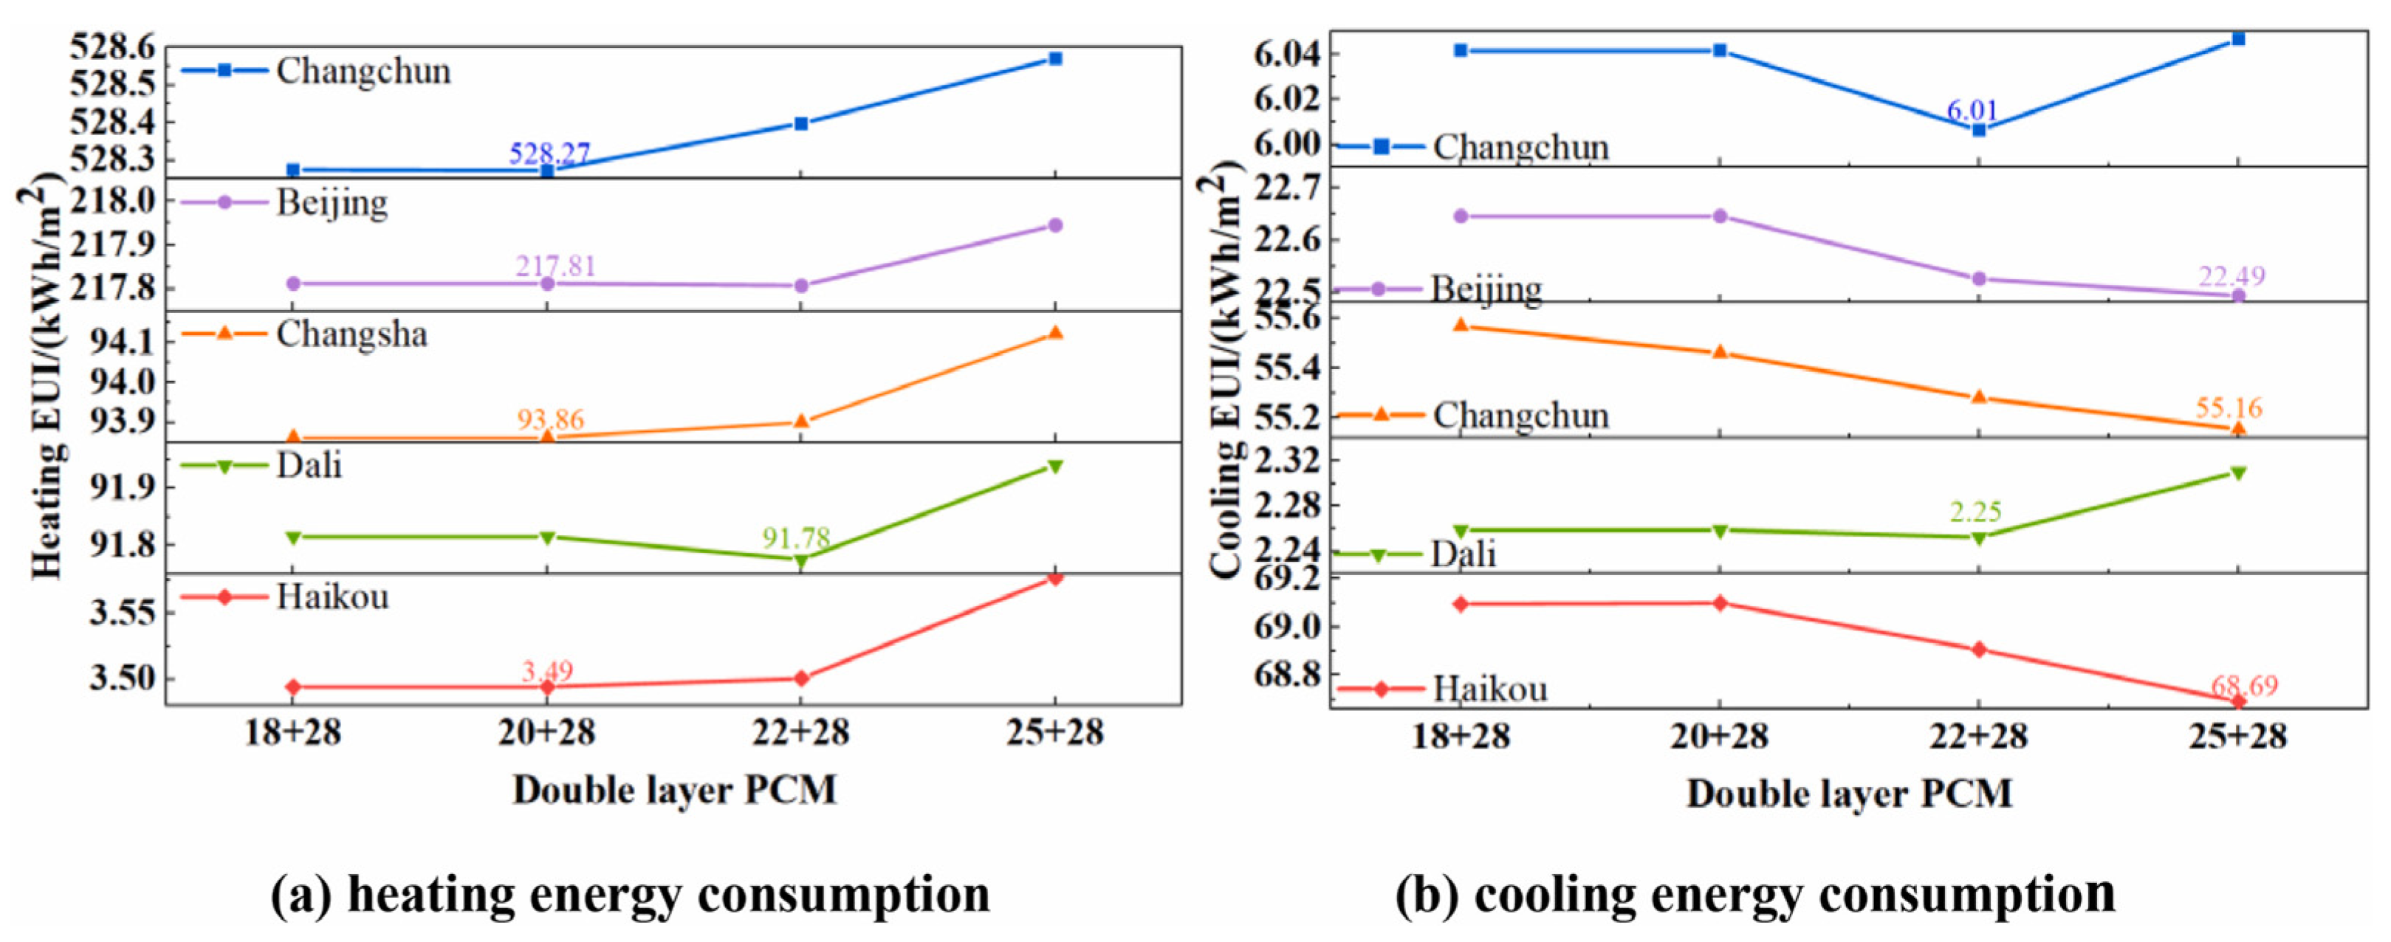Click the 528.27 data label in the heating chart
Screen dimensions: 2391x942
(549, 153)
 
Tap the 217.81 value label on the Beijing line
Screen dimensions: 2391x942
(556, 267)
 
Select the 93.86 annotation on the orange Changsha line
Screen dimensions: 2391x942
(550, 419)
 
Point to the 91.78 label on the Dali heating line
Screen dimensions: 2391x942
(796, 537)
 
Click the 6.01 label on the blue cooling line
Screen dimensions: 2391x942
(1972, 111)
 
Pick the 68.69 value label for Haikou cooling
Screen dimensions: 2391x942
(2244, 686)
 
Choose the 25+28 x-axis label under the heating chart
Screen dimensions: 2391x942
(1054, 733)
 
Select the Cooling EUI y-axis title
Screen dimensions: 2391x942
(1225, 371)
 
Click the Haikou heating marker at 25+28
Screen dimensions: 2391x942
(1055, 578)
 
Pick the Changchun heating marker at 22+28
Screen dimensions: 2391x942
(801, 123)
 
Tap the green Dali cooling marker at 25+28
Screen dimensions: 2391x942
(2238, 473)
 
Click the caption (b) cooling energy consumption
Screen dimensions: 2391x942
(1755, 895)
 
